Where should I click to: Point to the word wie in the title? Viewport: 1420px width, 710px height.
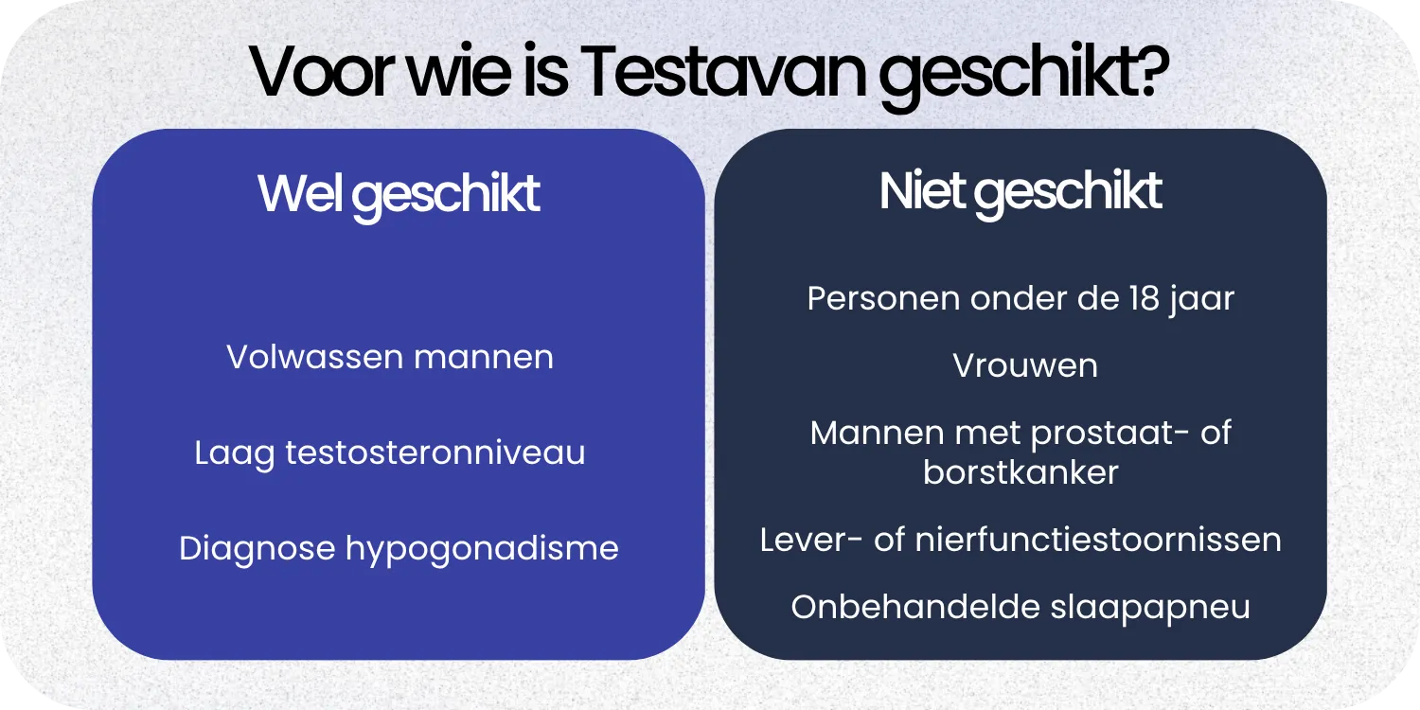(463, 73)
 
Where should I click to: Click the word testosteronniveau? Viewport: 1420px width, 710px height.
(435, 453)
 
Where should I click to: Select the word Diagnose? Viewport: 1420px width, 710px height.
(256, 548)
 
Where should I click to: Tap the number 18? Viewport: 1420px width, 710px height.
(1141, 299)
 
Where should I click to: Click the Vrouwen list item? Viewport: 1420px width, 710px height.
(1025, 365)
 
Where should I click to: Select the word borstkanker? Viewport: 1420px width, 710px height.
(1021, 471)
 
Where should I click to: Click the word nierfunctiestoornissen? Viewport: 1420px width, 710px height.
(1098, 541)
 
